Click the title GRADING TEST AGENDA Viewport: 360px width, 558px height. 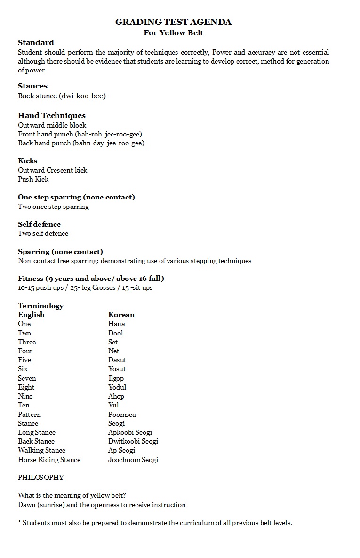[x=173, y=22]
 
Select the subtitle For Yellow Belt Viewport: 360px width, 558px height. [x=173, y=33]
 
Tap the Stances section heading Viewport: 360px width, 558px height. [x=32, y=86]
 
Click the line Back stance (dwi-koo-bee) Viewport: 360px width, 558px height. [x=62, y=96]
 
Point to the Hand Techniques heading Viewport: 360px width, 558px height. [x=52, y=115]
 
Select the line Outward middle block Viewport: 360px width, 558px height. [x=52, y=125]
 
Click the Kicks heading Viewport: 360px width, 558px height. [x=27, y=160]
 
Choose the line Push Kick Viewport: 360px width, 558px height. [x=33, y=179]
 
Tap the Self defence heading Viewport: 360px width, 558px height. [x=39, y=224]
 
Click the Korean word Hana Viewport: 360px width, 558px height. [x=116, y=324]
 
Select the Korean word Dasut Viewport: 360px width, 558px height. [x=117, y=360]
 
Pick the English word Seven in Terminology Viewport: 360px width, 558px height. [x=27, y=378]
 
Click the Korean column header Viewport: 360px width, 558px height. [x=121, y=315]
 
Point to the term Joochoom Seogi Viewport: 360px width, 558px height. [x=133, y=460]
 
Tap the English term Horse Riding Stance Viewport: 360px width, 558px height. [x=49, y=460]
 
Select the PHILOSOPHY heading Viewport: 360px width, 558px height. [x=40, y=477]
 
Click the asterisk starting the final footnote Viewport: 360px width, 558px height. [x=19, y=522]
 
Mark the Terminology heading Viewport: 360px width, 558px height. [x=40, y=306]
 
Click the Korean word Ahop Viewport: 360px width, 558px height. [x=116, y=396]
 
